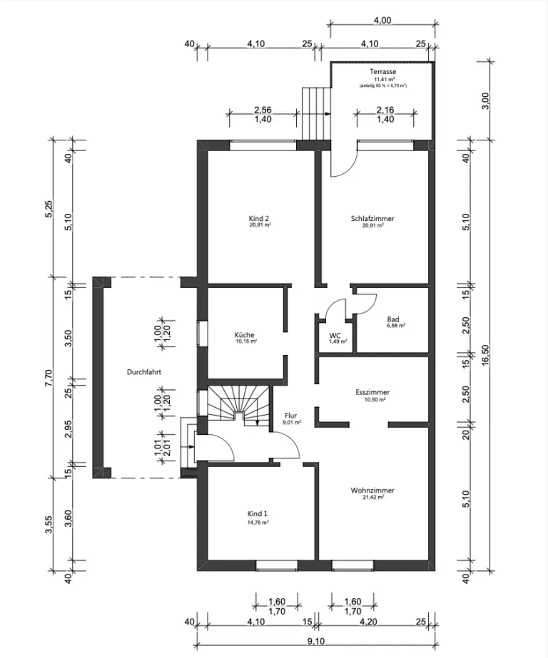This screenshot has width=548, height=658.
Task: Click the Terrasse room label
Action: pyautogui.click(x=382, y=73)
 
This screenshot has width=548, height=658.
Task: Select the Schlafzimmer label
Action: pyautogui.click(x=372, y=219)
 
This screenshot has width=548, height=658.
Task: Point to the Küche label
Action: pyautogui.click(x=245, y=335)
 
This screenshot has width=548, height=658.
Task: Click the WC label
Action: pyautogui.click(x=335, y=335)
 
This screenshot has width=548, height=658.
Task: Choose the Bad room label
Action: pyautogui.click(x=392, y=319)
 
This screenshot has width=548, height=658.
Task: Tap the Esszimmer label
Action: pyautogui.click(x=372, y=392)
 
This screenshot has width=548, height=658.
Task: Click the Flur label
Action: pyautogui.click(x=290, y=415)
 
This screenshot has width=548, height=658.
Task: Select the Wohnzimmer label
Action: pyautogui.click(x=372, y=490)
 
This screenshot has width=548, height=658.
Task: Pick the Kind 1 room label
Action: pyautogui.click(x=258, y=513)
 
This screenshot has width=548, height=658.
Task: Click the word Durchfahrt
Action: pyautogui.click(x=144, y=372)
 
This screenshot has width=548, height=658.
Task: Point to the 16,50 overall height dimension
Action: pyautogui.click(x=486, y=359)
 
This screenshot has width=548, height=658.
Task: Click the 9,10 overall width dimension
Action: pyautogui.click(x=315, y=641)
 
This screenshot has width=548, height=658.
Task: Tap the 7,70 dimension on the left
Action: pyautogui.click(x=49, y=377)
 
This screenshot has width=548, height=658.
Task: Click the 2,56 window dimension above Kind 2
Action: pyautogui.click(x=263, y=110)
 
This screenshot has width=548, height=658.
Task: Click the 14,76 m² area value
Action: pyautogui.click(x=258, y=522)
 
